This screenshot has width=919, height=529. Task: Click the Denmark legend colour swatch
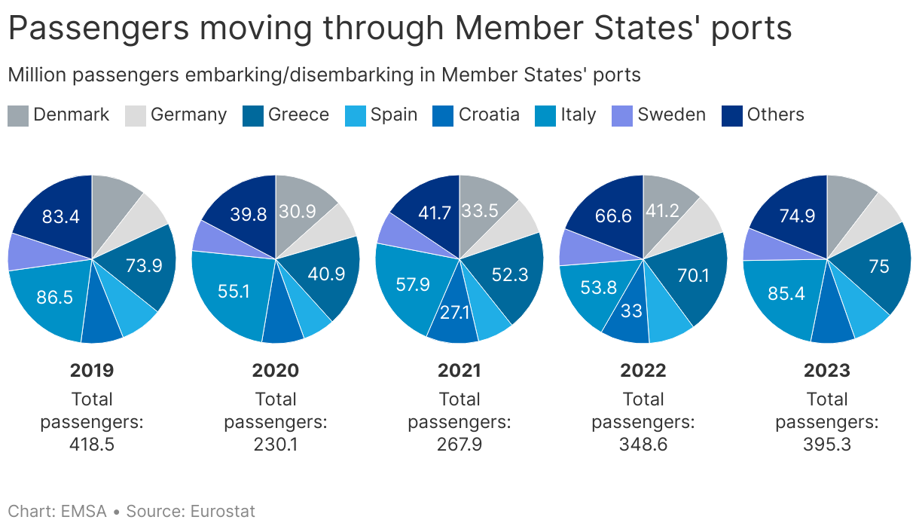(x=18, y=115)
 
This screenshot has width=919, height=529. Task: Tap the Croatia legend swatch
(x=444, y=115)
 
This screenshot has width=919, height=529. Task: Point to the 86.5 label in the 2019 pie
(x=54, y=297)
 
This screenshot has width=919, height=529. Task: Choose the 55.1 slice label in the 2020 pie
(x=234, y=291)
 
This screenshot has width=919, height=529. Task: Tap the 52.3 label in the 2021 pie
(x=510, y=276)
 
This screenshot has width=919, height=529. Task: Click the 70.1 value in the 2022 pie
(x=693, y=276)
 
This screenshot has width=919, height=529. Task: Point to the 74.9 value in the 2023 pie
(x=798, y=216)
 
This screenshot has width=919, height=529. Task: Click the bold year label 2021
(x=459, y=370)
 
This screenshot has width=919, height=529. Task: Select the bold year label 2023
(x=827, y=370)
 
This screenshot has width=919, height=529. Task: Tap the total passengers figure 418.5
(x=92, y=445)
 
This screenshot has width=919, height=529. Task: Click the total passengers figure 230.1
(x=276, y=445)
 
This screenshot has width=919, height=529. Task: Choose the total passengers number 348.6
(x=643, y=445)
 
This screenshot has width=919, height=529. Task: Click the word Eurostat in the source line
(x=223, y=512)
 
